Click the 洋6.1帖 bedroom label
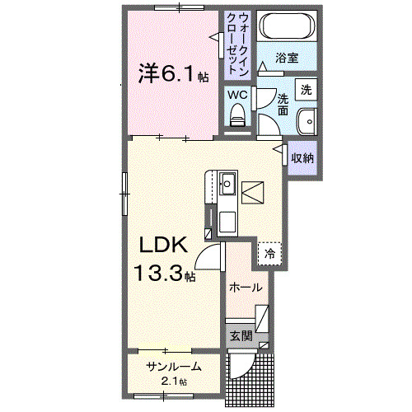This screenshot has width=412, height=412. (172, 75)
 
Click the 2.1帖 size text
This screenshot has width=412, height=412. (174, 381)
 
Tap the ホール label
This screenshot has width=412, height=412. (246, 288)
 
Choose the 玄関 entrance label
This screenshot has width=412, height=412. (241, 335)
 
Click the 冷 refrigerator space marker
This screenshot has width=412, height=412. (269, 254)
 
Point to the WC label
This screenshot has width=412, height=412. (237, 95)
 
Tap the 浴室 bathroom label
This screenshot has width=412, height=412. (286, 59)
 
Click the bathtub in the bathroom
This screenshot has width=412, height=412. (285, 28)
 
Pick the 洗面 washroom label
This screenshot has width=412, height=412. (283, 104)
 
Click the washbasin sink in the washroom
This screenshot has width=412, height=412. (307, 120)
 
